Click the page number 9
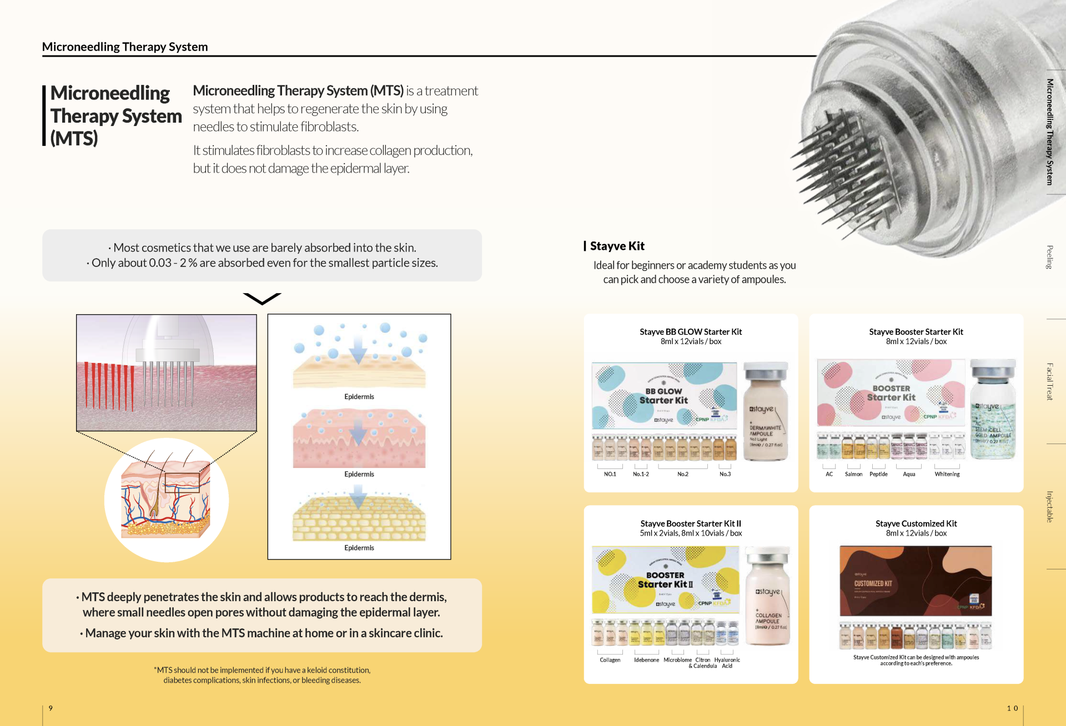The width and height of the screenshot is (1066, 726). (x=51, y=708)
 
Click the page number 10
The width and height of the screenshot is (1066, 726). (x=1012, y=708)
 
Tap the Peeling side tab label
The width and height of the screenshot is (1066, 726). (x=1049, y=257)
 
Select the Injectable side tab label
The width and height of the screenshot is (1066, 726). (x=1049, y=507)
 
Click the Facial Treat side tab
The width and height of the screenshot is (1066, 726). (x=1049, y=381)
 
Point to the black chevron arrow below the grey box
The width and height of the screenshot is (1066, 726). (x=262, y=299)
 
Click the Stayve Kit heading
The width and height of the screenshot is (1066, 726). (x=617, y=246)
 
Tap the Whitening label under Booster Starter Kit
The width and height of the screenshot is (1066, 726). (x=947, y=475)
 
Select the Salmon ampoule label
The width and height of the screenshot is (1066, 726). (x=853, y=475)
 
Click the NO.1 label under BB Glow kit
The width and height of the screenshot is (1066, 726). (x=610, y=475)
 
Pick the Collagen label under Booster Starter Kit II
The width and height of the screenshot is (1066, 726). (x=610, y=660)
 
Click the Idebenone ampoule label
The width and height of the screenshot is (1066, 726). (x=646, y=660)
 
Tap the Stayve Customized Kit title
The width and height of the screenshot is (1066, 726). (x=916, y=523)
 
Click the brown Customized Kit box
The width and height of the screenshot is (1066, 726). (x=916, y=581)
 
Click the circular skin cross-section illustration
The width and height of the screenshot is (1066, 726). (x=166, y=500)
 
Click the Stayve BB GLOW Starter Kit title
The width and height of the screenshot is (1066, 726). (x=690, y=332)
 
